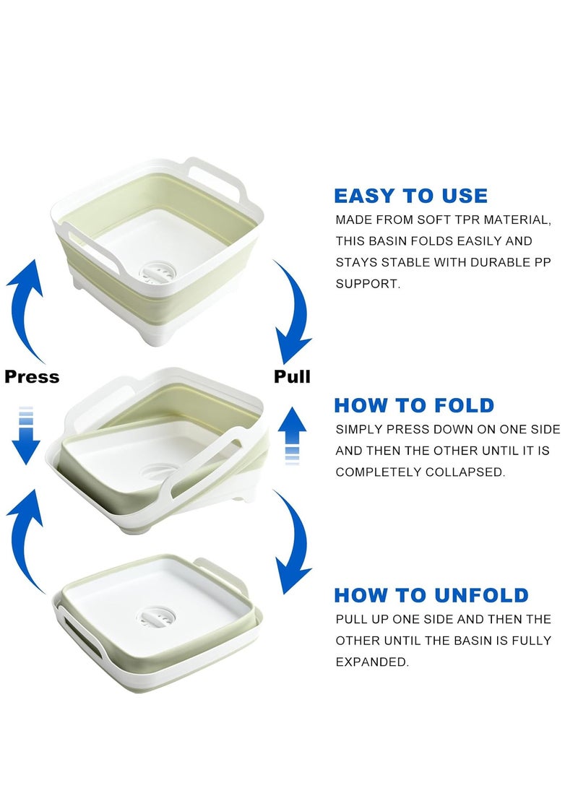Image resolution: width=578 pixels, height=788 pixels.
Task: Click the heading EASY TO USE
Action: [410, 196]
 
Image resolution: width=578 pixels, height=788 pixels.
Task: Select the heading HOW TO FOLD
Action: [414, 405]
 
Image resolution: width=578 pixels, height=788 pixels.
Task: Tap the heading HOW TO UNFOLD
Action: [431, 595]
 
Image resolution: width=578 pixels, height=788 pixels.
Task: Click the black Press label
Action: [32, 376]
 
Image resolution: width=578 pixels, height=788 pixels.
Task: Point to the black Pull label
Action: [292, 376]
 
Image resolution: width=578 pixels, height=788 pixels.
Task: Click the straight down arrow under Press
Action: [25, 436]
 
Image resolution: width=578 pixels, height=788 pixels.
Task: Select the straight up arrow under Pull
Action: [292, 436]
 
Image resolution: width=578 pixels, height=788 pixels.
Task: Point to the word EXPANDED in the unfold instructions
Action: [372, 662]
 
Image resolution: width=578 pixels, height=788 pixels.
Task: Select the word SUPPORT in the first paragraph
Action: [368, 283]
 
